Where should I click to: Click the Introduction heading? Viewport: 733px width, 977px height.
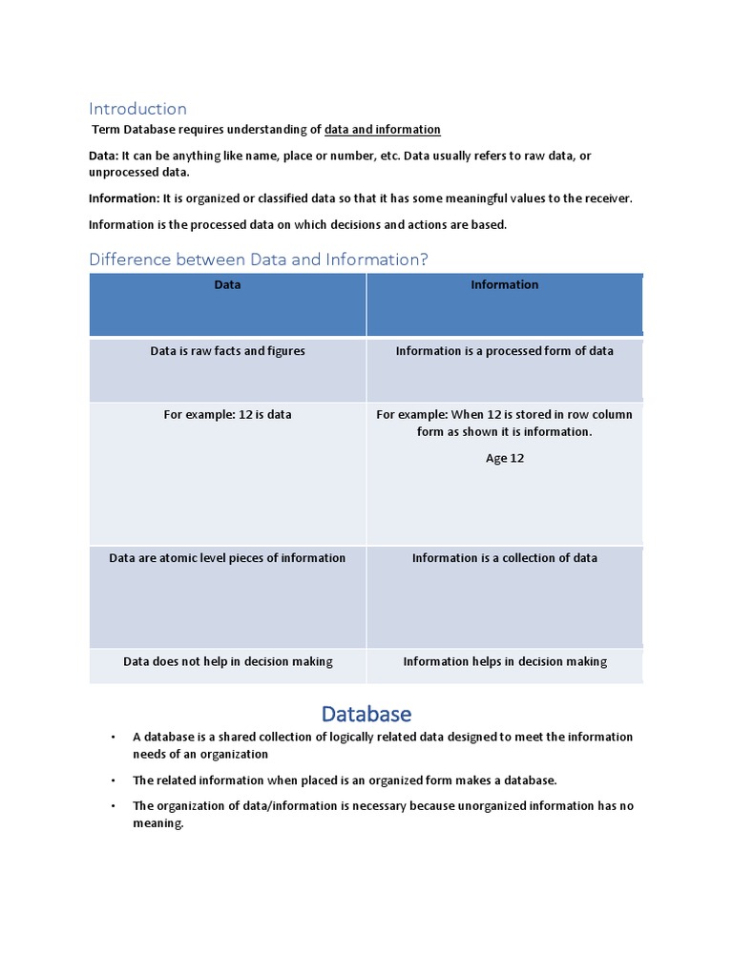pyautogui.click(x=137, y=109)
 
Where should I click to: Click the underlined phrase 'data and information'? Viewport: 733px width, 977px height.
pyautogui.click(x=382, y=130)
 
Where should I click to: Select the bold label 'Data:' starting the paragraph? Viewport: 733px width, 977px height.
pyautogui.click(x=102, y=156)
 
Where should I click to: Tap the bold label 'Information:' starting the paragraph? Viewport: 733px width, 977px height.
pyautogui.click(x=123, y=198)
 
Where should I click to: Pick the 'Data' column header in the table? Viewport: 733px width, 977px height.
pyautogui.click(x=227, y=284)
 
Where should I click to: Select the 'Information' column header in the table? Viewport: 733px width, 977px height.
pyautogui.click(x=504, y=284)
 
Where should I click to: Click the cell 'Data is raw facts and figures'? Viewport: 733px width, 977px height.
pyautogui.click(x=227, y=351)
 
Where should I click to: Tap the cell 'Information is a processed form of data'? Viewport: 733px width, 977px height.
pyautogui.click(x=504, y=351)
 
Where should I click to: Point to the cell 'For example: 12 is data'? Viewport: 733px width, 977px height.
pyautogui.click(x=227, y=415)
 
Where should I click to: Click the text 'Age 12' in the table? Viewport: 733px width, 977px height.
pyautogui.click(x=504, y=458)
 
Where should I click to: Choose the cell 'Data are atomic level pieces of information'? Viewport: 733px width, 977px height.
pyautogui.click(x=227, y=558)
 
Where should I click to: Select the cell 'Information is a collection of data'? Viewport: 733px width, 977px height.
pyautogui.click(x=504, y=558)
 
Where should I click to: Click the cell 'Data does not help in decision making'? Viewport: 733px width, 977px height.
pyautogui.click(x=227, y=661)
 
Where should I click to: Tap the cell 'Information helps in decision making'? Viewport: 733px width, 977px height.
pyautogui.click(x=504, y=661)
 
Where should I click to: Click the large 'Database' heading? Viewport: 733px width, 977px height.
pyautogui.click(x=366, y=714)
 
